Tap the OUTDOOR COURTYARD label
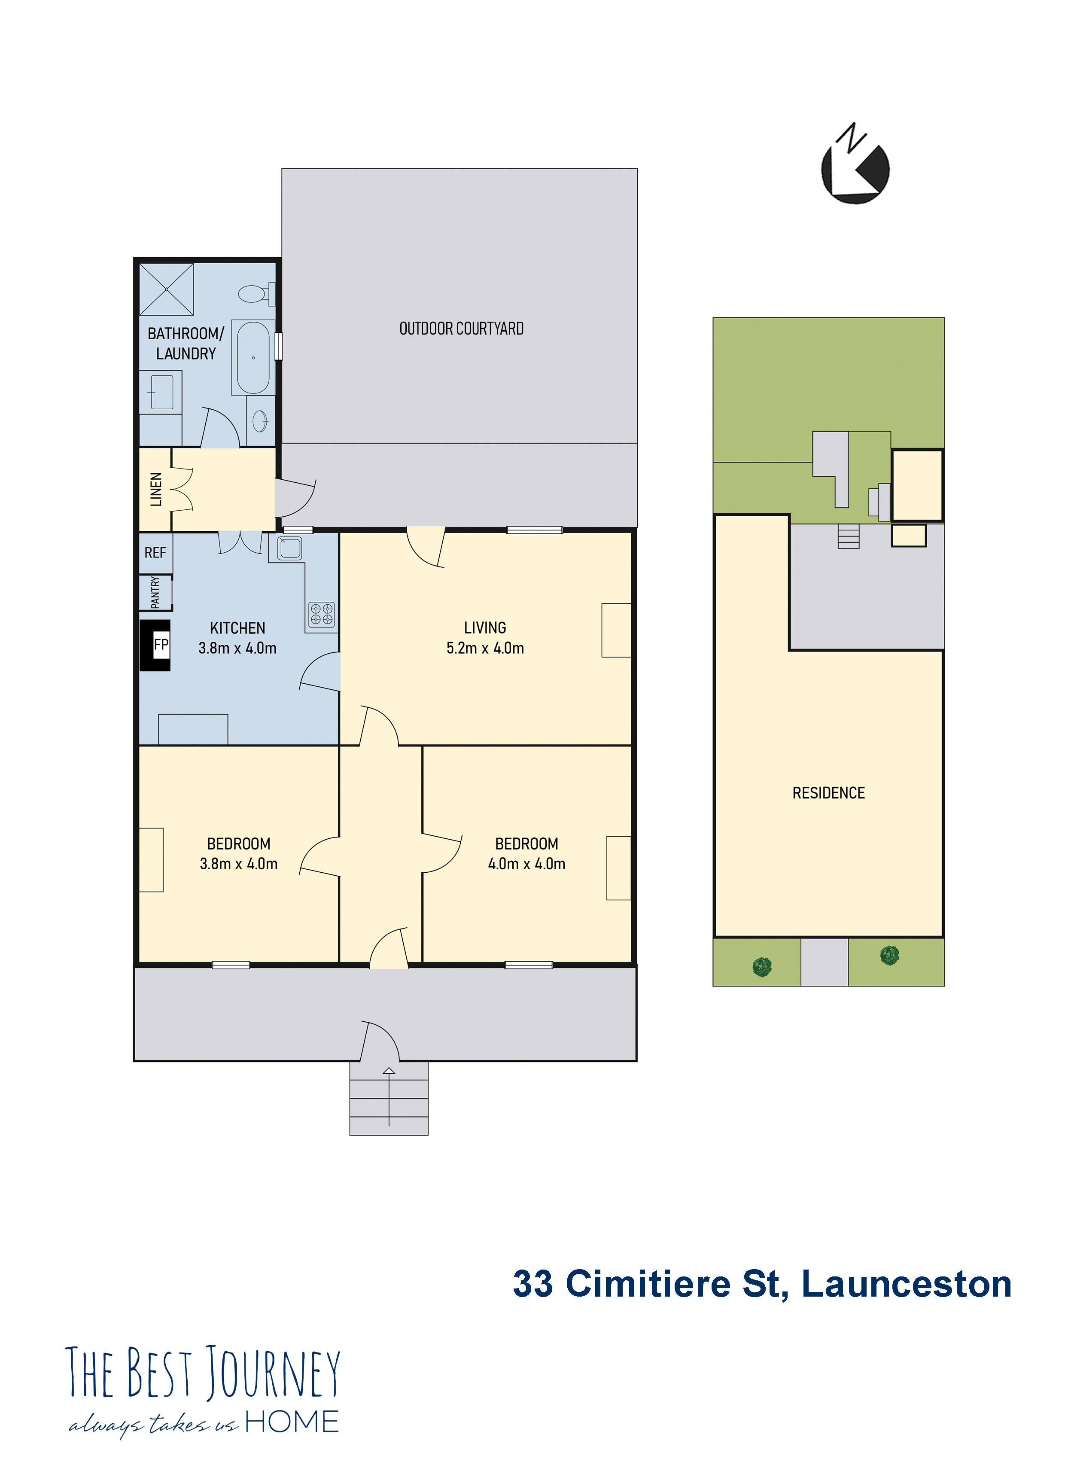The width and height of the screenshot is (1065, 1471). pyautogui.click(x=461, y=329)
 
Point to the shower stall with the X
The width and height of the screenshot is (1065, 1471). pyautogui.click(x=167, y=289)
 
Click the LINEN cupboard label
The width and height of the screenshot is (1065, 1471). pyautogui.click(x=155, y=489)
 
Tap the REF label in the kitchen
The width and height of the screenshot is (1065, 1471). pyautogui.click(x=155, y=553)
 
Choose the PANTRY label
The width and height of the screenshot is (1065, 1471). pyautogui.click(x=155, y=593)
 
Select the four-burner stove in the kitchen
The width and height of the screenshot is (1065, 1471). pyautogui.click(x=322, y=614)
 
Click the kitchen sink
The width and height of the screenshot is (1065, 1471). pyautogui.click(x=289, y=548)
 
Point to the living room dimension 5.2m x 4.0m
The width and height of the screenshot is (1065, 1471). pyautogui.click(x=485, y=648)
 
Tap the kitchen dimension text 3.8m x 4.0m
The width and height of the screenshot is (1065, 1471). pyautogui.click(x=237, y=648)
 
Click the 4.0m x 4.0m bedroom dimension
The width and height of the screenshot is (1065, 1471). pyautogui.click(x=526, y=864)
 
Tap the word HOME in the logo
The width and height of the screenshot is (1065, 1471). pyautogui.click(x=292, y=1422)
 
